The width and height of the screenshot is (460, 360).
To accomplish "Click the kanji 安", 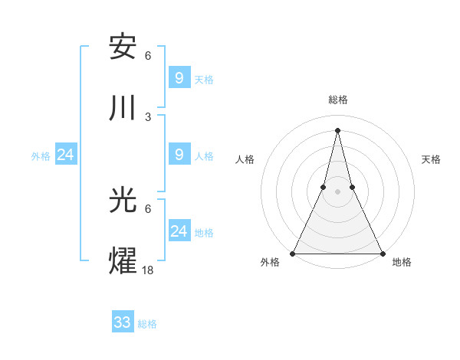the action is [123, 47].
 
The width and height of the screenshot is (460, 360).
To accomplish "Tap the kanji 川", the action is [123, 109].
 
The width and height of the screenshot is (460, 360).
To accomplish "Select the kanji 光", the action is [123, 201].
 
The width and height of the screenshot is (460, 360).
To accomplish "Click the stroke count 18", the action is [148, 270].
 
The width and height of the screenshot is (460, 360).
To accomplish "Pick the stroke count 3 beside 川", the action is [148, 116].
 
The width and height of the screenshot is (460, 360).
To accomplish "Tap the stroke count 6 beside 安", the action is [148, 55].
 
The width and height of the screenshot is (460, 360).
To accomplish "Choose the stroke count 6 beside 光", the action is [148, 208].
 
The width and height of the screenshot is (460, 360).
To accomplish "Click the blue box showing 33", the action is [123, 322].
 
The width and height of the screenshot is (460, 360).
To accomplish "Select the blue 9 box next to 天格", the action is [179, 77].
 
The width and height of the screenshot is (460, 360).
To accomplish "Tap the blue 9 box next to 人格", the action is [179, 155].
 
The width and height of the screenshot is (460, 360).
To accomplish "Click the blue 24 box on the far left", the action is [66, 155].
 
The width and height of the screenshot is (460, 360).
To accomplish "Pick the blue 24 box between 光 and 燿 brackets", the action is [179, 231].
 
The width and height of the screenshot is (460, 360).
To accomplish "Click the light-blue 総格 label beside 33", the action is [147, 324].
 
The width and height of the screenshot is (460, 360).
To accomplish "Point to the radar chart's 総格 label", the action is [337, 100].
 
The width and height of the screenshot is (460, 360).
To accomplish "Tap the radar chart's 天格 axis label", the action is [432, 159].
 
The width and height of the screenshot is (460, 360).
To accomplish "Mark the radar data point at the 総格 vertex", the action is [337, 129].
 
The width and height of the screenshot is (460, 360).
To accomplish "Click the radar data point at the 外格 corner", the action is [293, 254].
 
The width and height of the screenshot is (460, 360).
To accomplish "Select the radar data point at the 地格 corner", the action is [382, 254].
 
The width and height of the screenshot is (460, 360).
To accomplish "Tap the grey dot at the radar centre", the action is [337, 191].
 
